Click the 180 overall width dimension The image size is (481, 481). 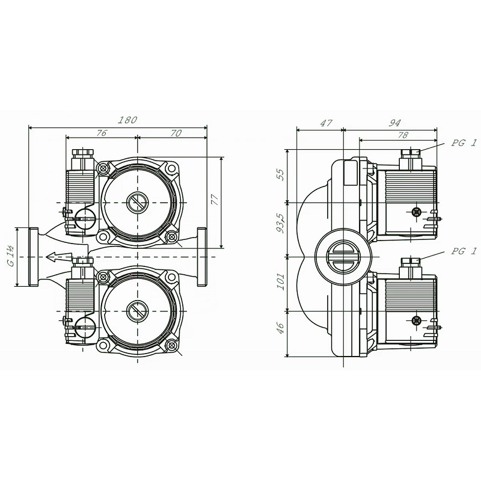127,120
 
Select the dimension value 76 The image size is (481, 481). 101,133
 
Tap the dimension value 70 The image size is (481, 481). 176,133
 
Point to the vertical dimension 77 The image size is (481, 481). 215,200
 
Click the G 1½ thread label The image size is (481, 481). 11,257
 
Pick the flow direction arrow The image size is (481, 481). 59,257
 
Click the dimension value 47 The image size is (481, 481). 326,123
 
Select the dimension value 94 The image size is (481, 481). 395,123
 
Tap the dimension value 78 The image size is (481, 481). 402,135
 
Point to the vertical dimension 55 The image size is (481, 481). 281,176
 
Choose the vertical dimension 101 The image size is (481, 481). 281,282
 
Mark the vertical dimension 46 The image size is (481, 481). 281,328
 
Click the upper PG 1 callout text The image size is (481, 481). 463,143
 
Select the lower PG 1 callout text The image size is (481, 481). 463,251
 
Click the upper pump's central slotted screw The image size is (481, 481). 138,203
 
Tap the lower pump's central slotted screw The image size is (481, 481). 138,311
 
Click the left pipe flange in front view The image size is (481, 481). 33,257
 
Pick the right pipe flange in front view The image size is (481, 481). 201,257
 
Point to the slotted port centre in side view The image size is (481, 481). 343,257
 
